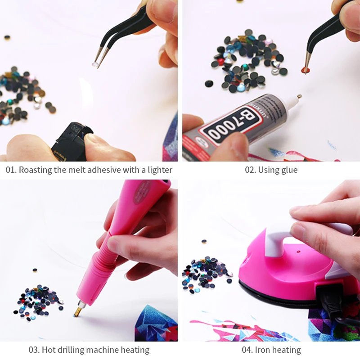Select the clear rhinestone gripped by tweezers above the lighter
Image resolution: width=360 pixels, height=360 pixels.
click(95, 64)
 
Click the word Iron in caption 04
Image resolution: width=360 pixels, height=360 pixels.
click(262, 350)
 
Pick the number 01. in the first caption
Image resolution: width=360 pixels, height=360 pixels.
click(11, 170)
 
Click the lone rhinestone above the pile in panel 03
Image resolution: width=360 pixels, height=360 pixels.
click(35, 270)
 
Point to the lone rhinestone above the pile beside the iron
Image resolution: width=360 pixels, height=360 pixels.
click(204, 242)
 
